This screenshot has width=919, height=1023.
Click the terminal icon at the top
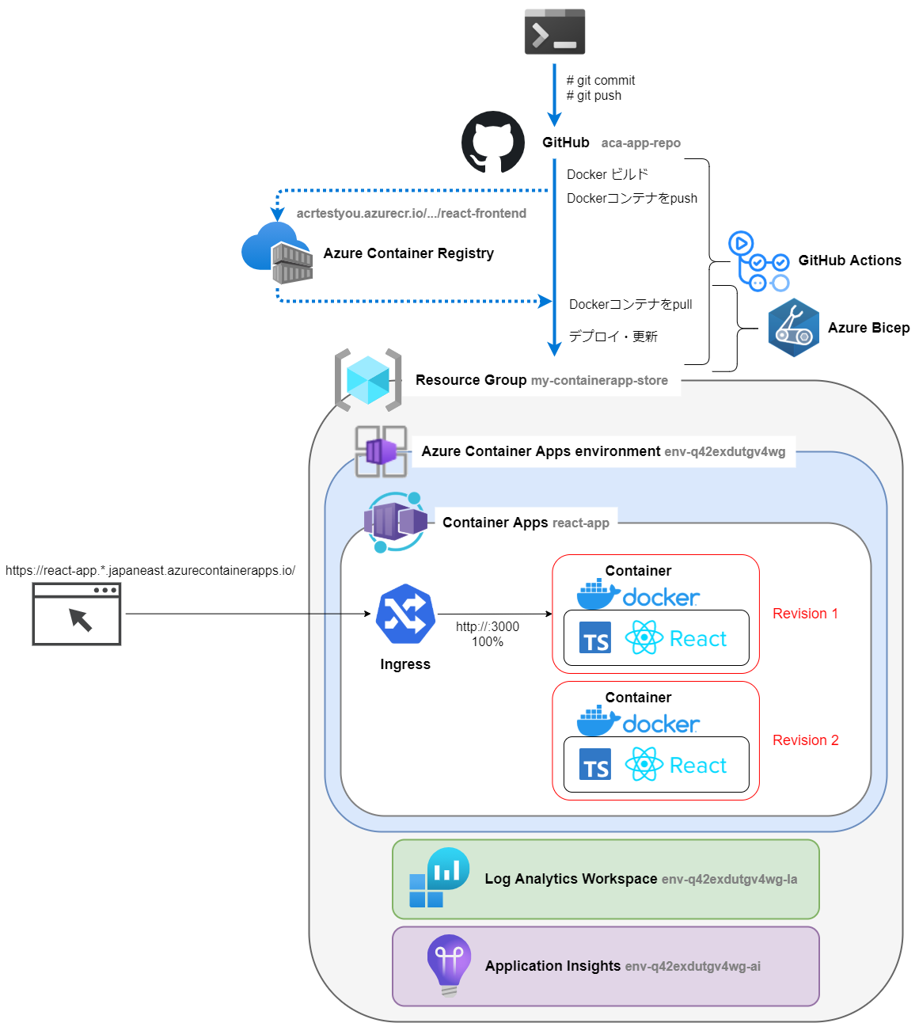pyautogui.click(x=554, y=32)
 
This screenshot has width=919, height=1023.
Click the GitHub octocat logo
pyautogui.click(x=493, y=143)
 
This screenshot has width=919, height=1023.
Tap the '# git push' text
pyautogui.click(x=594, y=96)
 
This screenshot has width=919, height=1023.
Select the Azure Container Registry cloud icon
pyautogui.click(x=277, y=252)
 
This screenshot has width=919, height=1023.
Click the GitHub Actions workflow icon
pyautogui.click(x=758, y=261)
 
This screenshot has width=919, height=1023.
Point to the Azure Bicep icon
pyautogui.click(x=793, y=328)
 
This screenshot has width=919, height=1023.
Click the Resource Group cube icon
pyautogui.click(x=368, y=380)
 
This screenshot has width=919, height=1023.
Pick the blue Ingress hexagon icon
pyautogui.click(x=405, y=614)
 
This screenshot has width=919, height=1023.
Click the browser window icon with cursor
pyautogui.click(x=77, y=614)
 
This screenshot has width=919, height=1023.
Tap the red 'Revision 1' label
pyautogui.click(x=805, y=614)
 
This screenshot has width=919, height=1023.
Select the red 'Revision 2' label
pyautogui.click(x=805, y=740)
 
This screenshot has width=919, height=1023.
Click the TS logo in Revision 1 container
pyautogui.click(x=595, y=638)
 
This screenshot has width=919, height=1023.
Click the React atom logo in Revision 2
pyautogui.click(x=644, y=764)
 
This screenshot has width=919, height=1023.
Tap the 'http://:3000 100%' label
pyautogui.click(x=488, y=634)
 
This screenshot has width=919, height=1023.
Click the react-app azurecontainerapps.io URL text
pyautogui.click(x=150, y=571)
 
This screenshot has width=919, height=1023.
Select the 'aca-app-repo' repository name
pyautogui.click(x=640, y=143)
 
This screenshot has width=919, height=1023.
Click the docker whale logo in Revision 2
pyautogui.click(x=598, y=721)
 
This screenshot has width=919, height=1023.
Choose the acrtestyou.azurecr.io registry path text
pyautogui.click(x=411, y=214)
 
